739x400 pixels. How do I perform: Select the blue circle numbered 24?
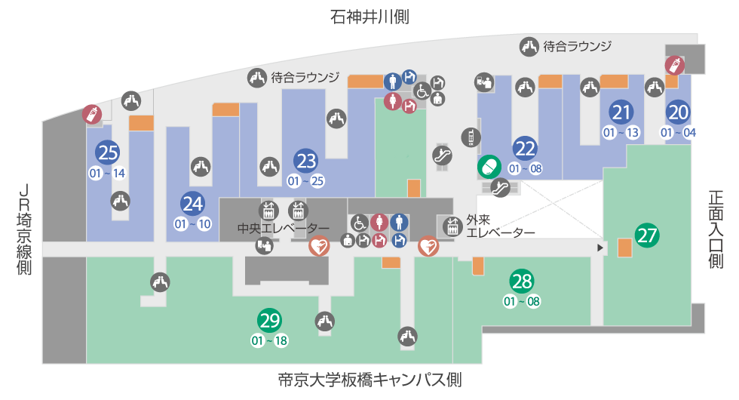point(193,204)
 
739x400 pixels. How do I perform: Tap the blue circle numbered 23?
point(306,162)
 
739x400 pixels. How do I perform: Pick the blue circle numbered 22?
point(525,148)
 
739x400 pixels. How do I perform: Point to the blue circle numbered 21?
point(621,112)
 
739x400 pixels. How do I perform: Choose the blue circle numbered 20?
point(678,112)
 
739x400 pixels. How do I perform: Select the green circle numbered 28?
point(522,282)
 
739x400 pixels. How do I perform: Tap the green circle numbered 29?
point(269,321)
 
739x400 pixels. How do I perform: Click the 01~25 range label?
point(306,182)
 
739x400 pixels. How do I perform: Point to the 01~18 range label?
point(269,340)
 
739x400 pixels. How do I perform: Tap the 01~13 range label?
point(621,133)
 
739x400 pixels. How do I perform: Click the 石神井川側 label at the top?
point(369,17)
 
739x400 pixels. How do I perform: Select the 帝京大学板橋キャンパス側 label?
point(369,380)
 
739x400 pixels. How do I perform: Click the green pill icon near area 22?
point(489,165)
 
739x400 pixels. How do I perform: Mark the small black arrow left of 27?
point(600,247)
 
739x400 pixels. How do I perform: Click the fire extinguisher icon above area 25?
point(91,115)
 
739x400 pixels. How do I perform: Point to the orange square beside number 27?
point(624,247)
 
